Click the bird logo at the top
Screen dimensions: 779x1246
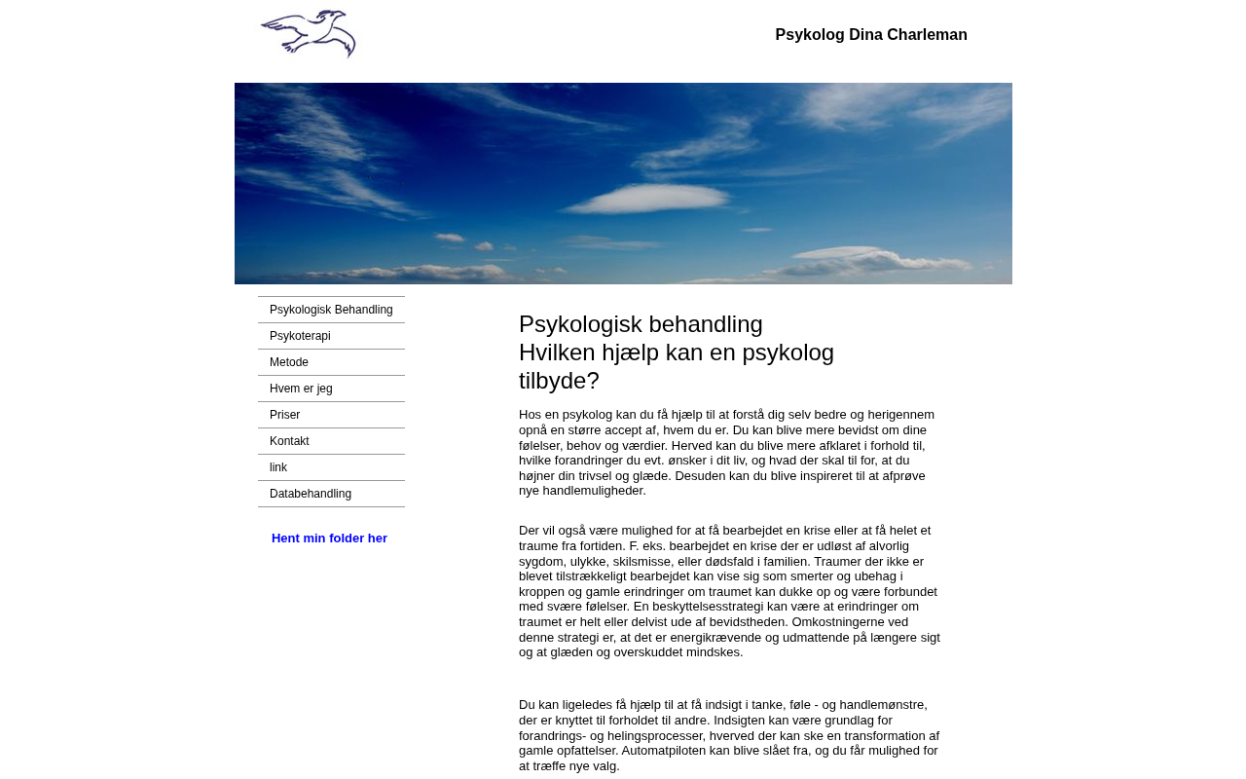click(x=308, y=34)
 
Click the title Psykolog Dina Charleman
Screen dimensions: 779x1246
click(x=871, y=35)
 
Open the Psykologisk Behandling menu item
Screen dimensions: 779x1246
click(x=331, y=310)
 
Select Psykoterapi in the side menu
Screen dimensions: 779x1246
click(x=300, y=336)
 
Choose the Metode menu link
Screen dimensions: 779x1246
click(x=289, y=362)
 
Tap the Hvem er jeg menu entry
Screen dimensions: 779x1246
click(x=301, y=389)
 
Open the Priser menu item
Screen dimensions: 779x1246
click(x=284, y=415)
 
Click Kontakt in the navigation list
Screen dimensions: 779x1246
click(x=289, y=441)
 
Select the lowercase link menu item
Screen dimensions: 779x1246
click(x=278, y=467)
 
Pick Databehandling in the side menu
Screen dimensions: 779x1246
click(x=311, y=494)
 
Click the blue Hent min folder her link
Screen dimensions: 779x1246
click(x=329, y=538)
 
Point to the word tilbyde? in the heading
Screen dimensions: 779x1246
click(x=559, y=381)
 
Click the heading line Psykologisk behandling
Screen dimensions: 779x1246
click(x=641, y=324)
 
